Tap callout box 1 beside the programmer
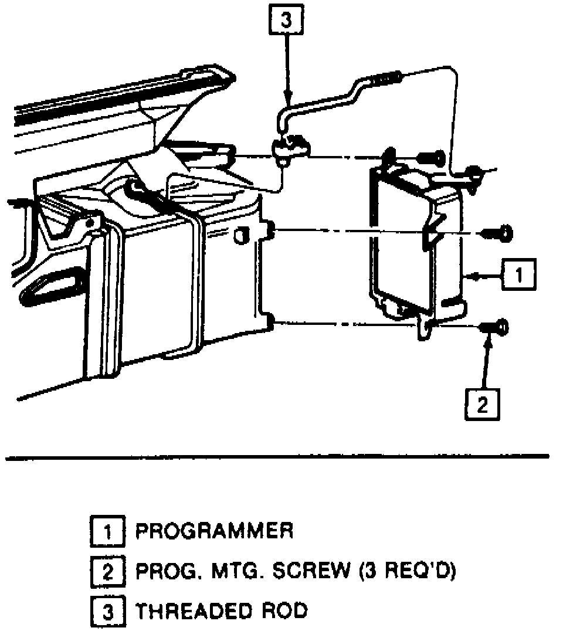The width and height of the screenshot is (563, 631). point(517,274)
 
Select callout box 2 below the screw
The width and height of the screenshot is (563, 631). point(482,404)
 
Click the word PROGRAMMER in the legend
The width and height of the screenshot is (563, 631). point(214,531)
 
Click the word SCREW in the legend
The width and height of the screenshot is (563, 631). point(307,571)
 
